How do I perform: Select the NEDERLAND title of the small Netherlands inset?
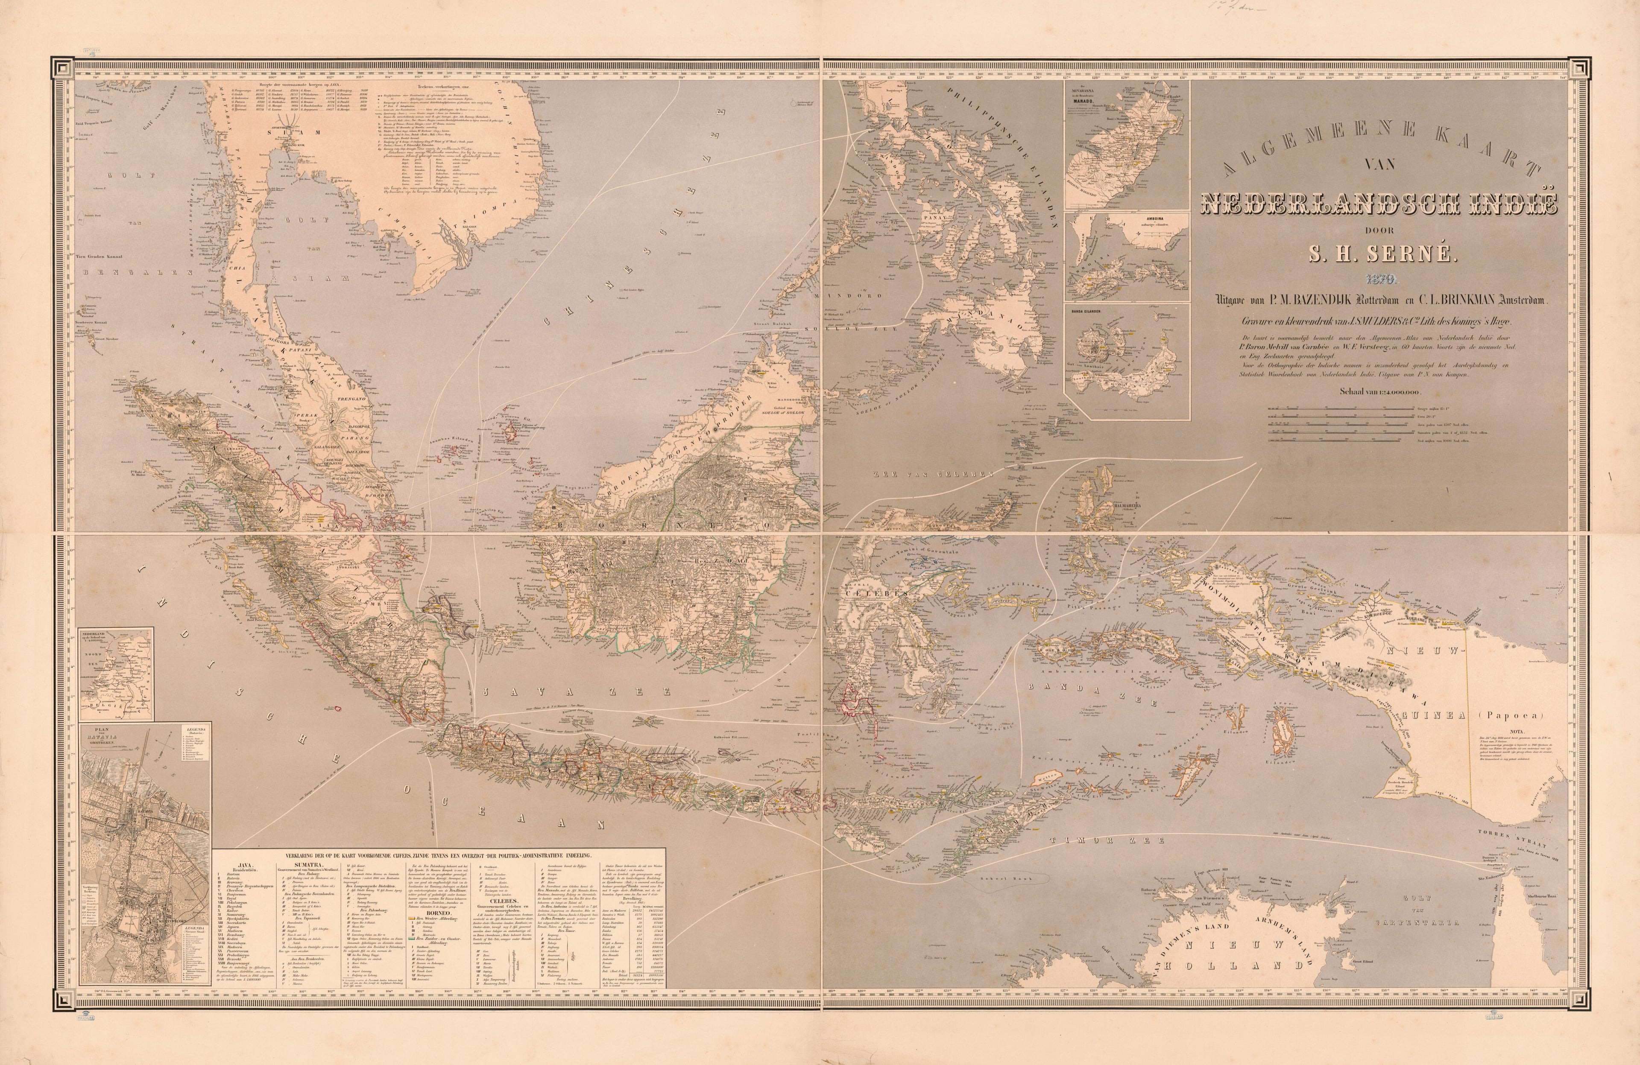click(x=97, y=632)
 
